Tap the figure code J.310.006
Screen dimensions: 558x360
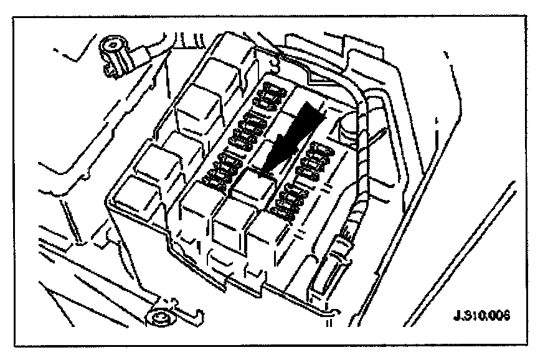pyautogui.click(x=481, y=314)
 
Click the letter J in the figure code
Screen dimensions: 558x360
pyautogui.click(x=456, y=314)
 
